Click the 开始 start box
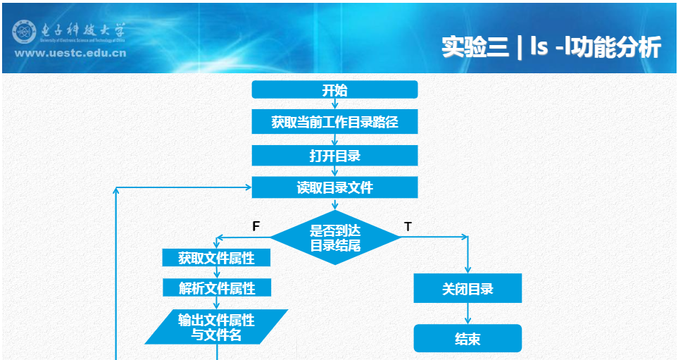click(334, 89)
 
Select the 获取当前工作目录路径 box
click(334, 122)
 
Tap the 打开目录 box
click(334, 155)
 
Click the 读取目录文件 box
click(334, 187)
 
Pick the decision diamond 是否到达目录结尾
click(335, 238)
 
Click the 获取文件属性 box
click(216, 258)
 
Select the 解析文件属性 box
click(216, 287)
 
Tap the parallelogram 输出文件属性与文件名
click(216, 327)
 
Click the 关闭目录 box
click(467, 289)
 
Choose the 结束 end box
click(467, 339)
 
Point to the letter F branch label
click(256, 226)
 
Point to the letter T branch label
click(408, 226)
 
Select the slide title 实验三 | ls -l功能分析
click(551, 47)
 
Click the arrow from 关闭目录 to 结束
click(467, 314)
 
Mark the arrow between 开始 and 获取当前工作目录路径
click(335, 104)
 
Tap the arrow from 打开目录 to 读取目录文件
click(335, 172)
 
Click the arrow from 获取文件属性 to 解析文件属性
click(217, 273)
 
